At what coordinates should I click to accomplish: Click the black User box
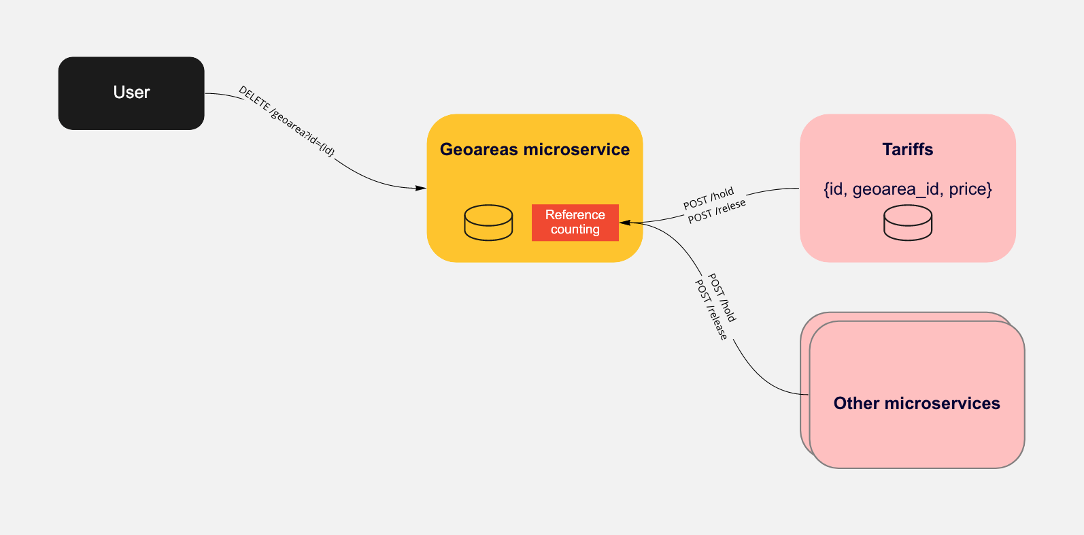(x=131, y=93)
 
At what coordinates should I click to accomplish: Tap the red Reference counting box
(x=575, y=223)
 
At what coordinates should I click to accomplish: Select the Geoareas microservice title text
(x=535, y=150)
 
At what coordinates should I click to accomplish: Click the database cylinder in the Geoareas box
(x=488, y=223)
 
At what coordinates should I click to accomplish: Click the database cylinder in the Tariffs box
(x=907, y=223)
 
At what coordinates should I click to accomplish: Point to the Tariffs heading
(x=907, y=150)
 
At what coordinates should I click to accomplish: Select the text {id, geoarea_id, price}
(x=907, y=189)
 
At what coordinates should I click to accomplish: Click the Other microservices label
(x=916, y=404)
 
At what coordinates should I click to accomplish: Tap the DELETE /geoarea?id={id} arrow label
(x=286, y=122)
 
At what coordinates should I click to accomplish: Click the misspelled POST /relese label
(x=717, y=212)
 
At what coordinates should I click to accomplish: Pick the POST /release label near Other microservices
(x=711, y=310)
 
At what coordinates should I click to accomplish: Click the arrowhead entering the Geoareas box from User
(x=421, y=188)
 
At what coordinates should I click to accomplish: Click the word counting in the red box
(x=575, y=230)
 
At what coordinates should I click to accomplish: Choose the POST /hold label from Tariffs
(x=709, y=198)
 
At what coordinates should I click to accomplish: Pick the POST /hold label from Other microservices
(x=722, y=297)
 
